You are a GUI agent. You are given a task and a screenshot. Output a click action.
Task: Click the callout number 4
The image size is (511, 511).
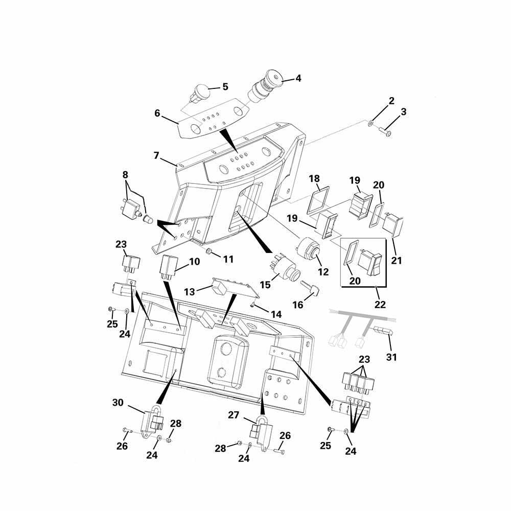tap(298, 79)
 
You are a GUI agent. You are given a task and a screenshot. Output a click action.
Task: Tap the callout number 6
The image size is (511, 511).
tap(158, 113)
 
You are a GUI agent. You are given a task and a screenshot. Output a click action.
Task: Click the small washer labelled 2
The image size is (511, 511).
tap(371, 124)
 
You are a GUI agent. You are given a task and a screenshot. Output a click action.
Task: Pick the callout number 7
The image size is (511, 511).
tap(156, 156)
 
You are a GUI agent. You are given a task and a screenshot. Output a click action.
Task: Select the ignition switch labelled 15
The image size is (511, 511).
tap(284, 266)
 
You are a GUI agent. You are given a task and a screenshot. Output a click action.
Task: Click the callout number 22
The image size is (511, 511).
tap(380, 305)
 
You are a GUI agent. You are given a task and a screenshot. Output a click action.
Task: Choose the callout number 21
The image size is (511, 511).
tap(397, 261)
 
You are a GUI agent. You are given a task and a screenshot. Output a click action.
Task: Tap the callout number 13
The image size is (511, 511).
tap(190, 292)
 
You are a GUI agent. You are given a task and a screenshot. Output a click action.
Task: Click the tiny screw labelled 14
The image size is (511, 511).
tap(252, 305)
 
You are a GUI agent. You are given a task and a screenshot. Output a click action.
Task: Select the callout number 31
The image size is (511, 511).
tap(391, 357)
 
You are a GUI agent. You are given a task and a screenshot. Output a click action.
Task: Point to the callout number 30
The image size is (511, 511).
tap(118, 403)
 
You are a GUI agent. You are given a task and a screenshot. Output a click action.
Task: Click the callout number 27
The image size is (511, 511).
tap(234, 415)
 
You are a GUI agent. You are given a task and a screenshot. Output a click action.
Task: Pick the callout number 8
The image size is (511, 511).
tap(126, 175)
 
